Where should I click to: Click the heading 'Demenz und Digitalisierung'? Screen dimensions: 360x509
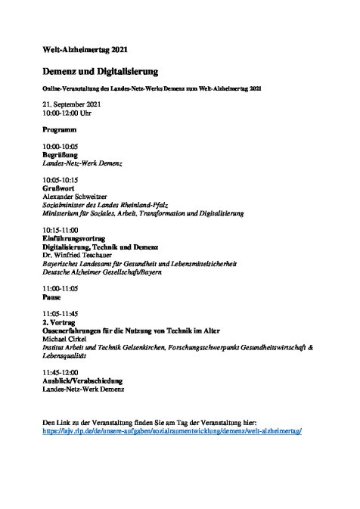(99, 72)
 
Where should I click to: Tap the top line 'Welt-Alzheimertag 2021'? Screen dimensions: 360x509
(85, 50)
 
